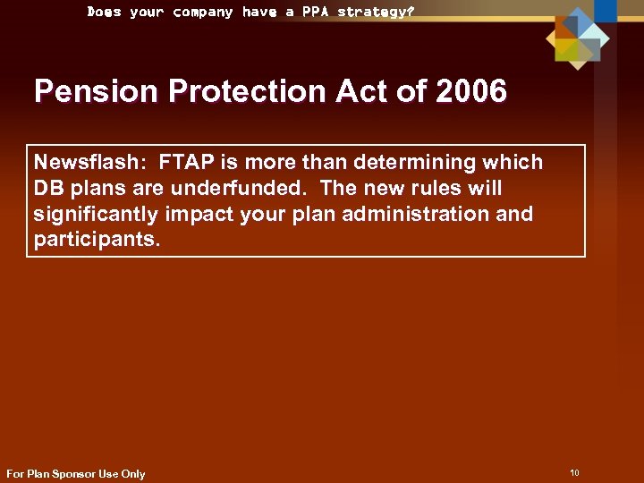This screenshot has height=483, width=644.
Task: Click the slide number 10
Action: click(574, 472)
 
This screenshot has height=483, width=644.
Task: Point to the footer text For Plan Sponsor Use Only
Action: click(76, 473)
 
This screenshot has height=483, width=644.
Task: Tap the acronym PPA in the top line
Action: click(317, 12)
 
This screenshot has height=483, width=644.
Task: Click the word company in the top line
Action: click(203, 12)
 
